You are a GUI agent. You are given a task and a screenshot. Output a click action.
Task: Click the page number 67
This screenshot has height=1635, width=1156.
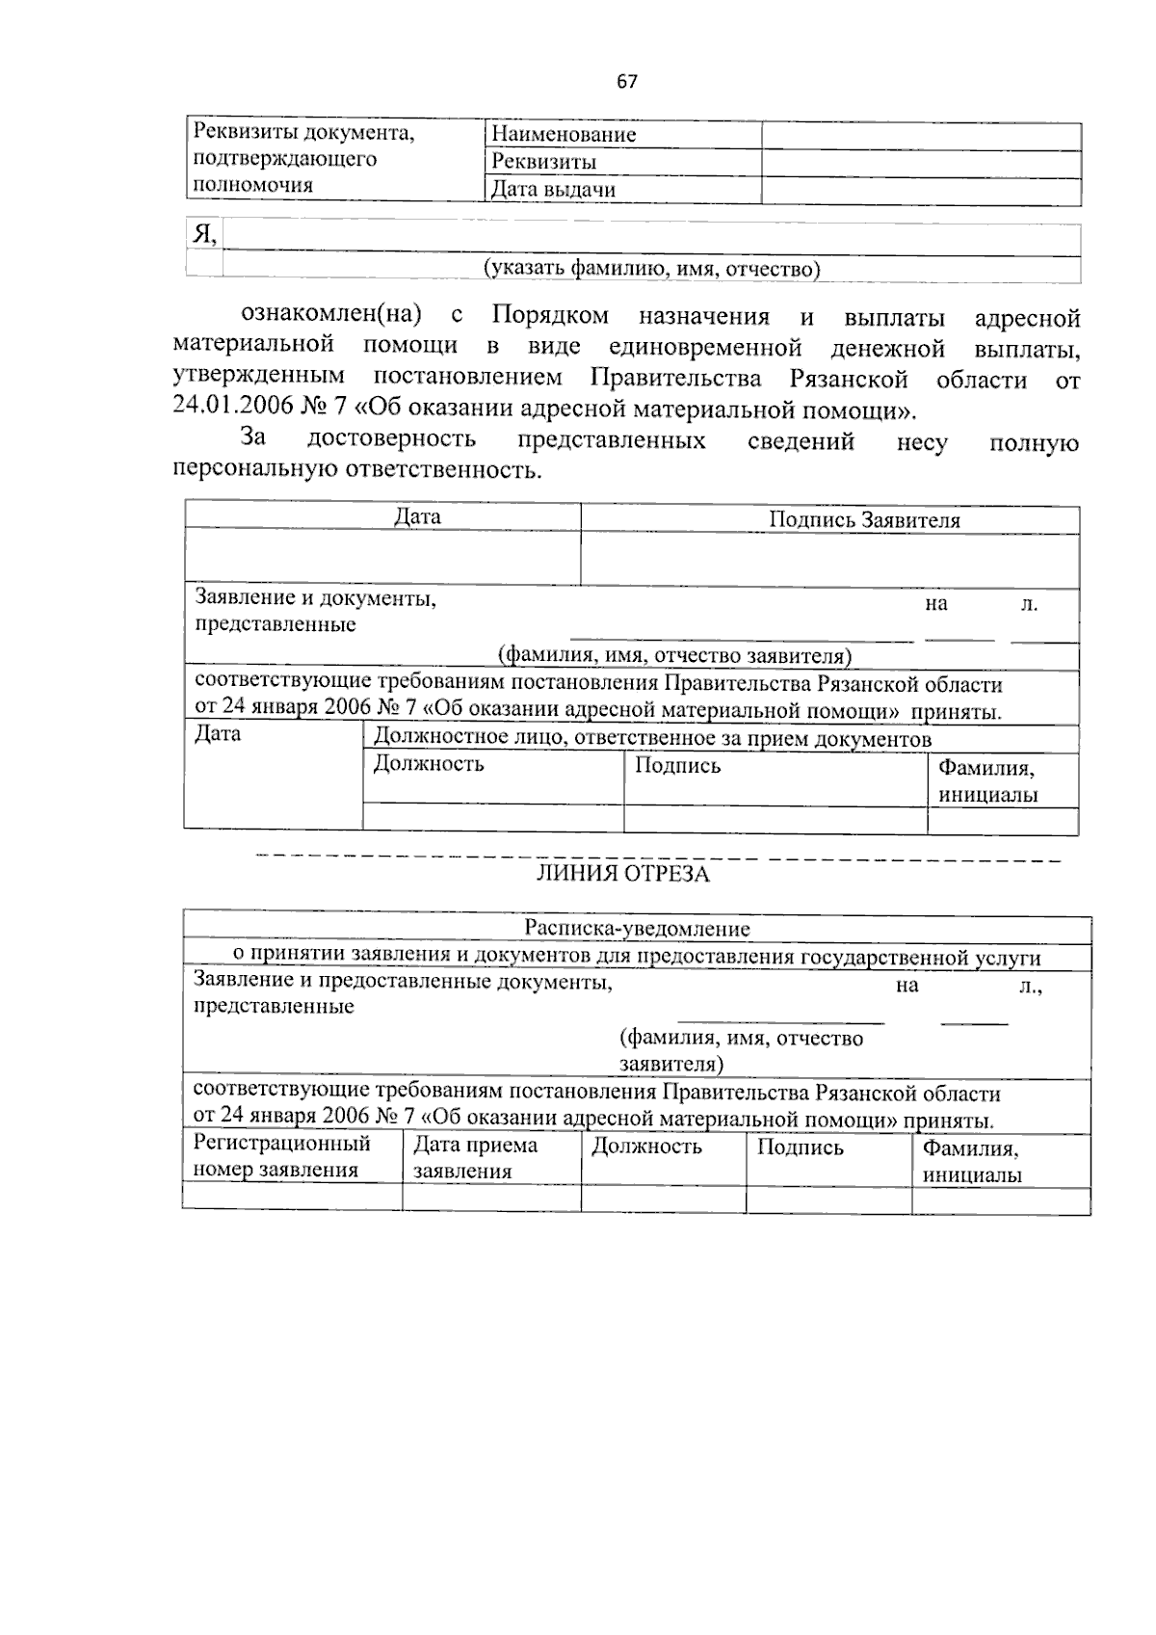[x=627, y=82]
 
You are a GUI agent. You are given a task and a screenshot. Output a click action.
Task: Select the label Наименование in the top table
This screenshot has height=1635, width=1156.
[x=564, y=135]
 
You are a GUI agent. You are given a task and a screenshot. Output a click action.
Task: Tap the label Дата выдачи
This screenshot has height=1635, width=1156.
[x=553, y=190]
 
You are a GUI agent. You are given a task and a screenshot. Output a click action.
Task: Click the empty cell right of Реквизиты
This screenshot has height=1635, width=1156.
[x=920, y=162]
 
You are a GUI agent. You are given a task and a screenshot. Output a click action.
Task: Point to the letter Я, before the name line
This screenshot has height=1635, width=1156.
[x=203, y=234]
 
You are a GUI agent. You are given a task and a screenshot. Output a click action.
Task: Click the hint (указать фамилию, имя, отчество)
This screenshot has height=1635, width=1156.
[x=651, y=269]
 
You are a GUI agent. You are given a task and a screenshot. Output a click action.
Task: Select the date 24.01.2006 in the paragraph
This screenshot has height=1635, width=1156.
[x=232, y=407]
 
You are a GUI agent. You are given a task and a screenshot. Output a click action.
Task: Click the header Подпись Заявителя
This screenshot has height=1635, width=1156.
[x=864, y=520]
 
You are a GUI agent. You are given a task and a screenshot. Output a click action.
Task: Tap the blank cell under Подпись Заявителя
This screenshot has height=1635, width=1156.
[x=829, y=559]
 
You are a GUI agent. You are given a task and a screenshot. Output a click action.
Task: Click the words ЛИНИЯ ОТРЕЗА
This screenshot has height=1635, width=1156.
[x=622, y=874]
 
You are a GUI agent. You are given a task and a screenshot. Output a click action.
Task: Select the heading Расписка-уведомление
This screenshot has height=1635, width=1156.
[x=637, y=930]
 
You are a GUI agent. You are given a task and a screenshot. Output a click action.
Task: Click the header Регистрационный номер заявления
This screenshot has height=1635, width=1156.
[x=281, y=1157]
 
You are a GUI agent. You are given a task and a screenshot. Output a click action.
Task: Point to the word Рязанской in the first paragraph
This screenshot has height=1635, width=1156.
[x=848, y=379]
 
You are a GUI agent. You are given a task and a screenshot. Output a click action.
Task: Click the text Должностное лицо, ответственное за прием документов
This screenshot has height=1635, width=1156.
[x=652, y=739]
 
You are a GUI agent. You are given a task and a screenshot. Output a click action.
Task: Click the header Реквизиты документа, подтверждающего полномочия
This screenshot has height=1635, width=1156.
[x=303, y=159]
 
